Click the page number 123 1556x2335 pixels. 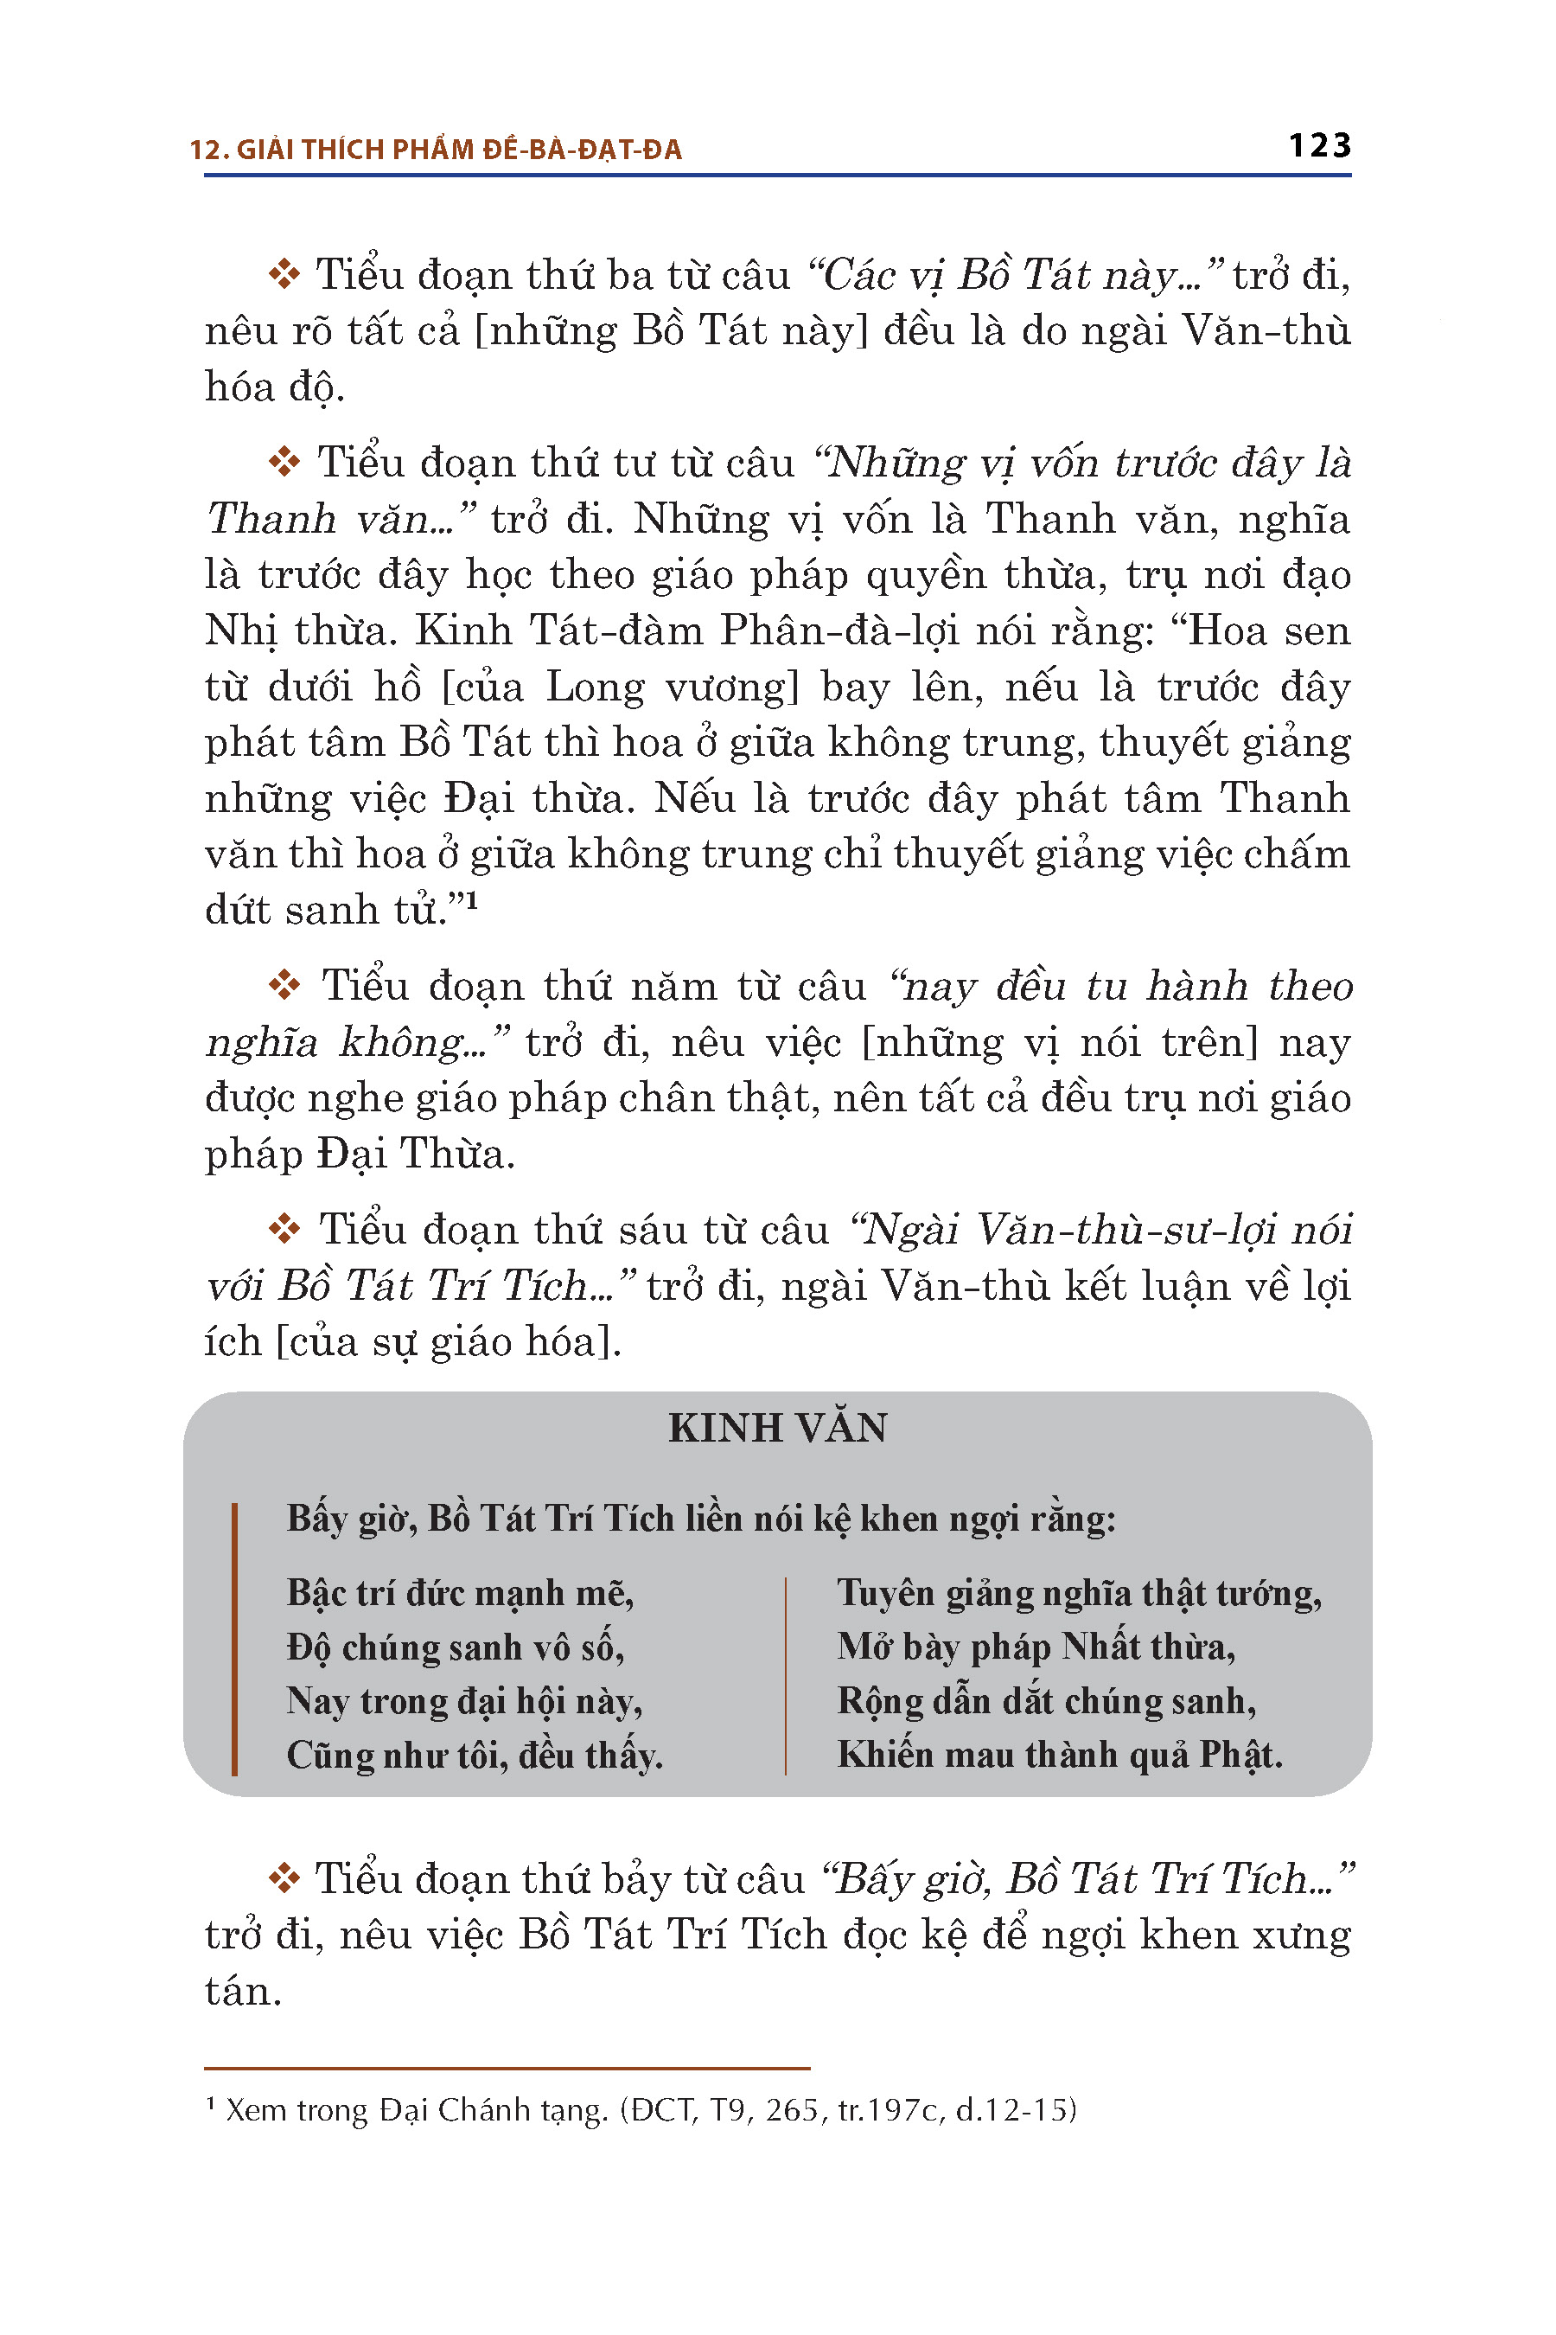coord(1319,146)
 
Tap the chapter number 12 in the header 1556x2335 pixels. coord(203,150)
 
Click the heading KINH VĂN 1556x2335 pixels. coord(778,1428)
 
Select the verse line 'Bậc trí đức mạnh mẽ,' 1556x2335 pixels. coord(460,1592)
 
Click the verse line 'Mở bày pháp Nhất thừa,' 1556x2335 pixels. coord(1035,1646)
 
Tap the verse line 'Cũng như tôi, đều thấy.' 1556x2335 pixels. coord(475,1756)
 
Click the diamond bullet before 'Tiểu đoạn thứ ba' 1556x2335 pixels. coord(284,275)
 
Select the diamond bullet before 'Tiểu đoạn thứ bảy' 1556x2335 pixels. coord(284,1879)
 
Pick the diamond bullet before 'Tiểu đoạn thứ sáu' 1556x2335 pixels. coord(284,1230)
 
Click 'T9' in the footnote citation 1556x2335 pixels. coord(730,2109)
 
